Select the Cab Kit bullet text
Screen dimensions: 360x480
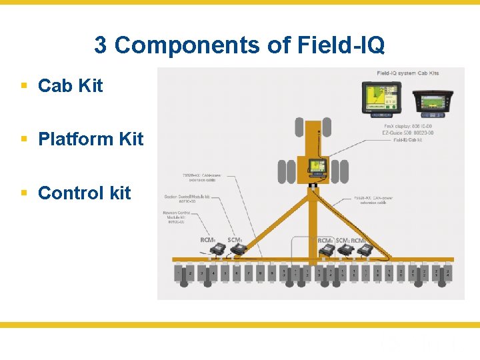71,86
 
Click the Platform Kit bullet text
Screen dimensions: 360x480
91,139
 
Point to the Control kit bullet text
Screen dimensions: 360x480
85,193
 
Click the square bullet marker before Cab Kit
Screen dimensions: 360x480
24,86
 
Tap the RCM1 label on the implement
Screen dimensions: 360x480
208,240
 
